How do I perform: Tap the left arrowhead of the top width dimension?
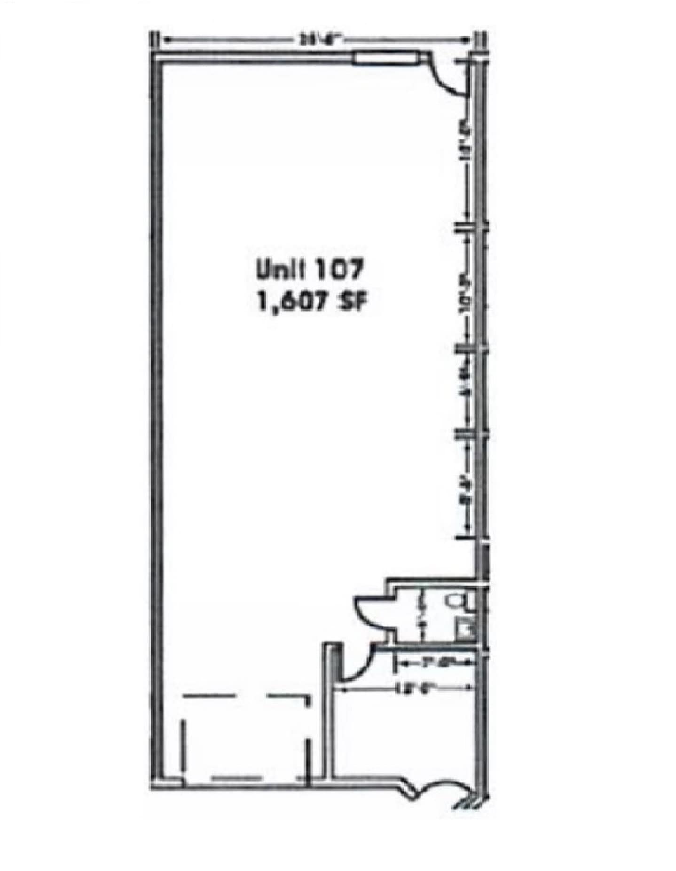pyautogui.click(x=166, y=40)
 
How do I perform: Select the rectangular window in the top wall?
pyautogui.click(x=386, y=57)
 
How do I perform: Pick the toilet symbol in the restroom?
pyautogui.click(x=458, y=601)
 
